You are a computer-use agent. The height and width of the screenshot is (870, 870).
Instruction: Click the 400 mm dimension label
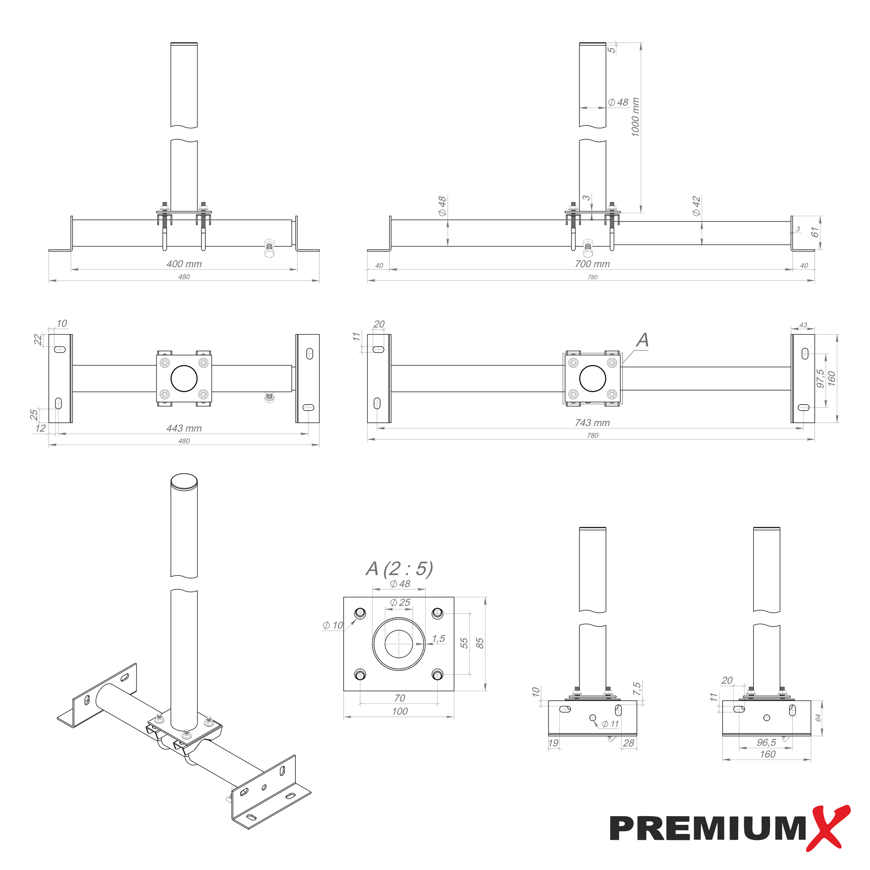click(184, 264)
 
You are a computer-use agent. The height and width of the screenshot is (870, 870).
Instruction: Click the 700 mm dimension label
click(592, 264)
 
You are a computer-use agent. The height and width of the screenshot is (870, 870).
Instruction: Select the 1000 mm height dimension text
click(635, 117)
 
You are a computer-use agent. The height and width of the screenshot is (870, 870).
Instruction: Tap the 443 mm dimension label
click(184, 428)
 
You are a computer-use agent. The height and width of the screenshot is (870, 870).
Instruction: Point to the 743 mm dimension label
click(592, 423)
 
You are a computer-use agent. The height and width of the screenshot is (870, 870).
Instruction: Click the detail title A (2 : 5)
click(399, 569)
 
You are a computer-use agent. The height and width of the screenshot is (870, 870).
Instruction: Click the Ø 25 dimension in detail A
click(400, 602)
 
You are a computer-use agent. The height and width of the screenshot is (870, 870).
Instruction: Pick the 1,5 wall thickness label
click(438, 639)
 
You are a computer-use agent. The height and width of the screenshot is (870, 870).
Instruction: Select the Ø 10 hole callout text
click(333, 626)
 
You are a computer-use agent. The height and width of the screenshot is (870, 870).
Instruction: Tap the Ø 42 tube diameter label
click(696, 206)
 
